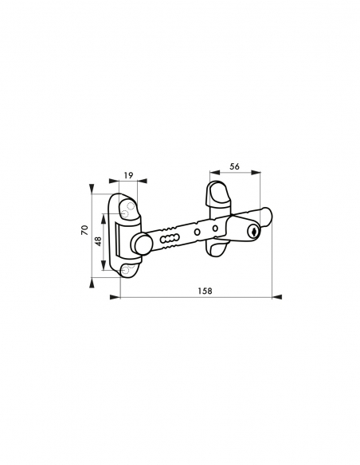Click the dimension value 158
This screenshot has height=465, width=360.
204,291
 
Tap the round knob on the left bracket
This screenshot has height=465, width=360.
141,244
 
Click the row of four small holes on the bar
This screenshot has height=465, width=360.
169,237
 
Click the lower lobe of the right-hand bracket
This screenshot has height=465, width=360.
215,249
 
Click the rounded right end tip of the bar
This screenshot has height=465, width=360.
268,215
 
